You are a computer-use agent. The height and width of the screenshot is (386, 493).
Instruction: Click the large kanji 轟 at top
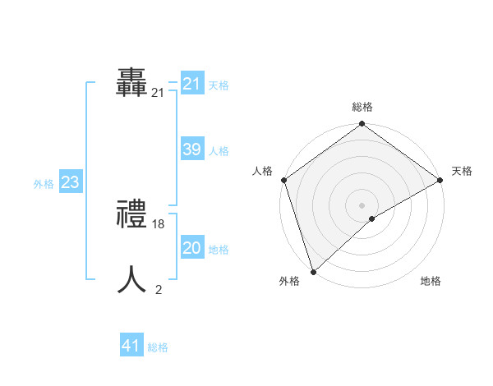(x=132, y=83)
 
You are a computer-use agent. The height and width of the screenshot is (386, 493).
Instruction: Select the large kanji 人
(x=132, y=280)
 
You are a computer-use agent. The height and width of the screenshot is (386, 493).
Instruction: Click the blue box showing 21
(x=192, y=84)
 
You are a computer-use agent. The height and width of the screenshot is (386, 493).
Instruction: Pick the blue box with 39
(x=192, y=149)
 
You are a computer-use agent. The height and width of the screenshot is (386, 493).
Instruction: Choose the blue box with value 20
(x=192, y=248)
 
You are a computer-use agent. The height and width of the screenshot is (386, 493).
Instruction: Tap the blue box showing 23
(x=70, y=182)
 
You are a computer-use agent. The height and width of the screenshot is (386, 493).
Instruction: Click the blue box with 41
(x=131, y=346)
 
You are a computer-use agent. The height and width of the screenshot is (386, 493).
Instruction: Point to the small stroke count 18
(x=159, y=223)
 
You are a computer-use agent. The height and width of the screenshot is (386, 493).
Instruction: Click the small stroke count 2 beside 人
(x=159, y=289)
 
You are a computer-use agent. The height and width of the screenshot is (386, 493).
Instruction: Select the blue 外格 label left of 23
(x=44, y=184)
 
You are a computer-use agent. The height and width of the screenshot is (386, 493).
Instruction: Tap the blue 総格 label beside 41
(x=158, y=347)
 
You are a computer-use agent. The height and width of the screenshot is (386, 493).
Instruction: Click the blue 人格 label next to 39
(x=219, y=151)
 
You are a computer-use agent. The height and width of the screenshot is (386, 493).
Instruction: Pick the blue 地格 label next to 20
(x=219, y=250)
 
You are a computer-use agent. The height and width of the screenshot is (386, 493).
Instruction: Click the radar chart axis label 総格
(x=362, y=107)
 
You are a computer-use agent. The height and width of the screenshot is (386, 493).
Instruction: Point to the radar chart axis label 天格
(x=462, y=171)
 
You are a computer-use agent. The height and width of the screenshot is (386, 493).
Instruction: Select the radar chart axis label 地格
(x=431, y=281)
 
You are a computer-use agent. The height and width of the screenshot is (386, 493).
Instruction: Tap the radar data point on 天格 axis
(x=440, y=180)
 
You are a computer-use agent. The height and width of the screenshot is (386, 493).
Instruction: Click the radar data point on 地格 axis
(x=372, y=218)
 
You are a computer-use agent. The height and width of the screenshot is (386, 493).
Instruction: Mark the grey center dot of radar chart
(x=362, y=204)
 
